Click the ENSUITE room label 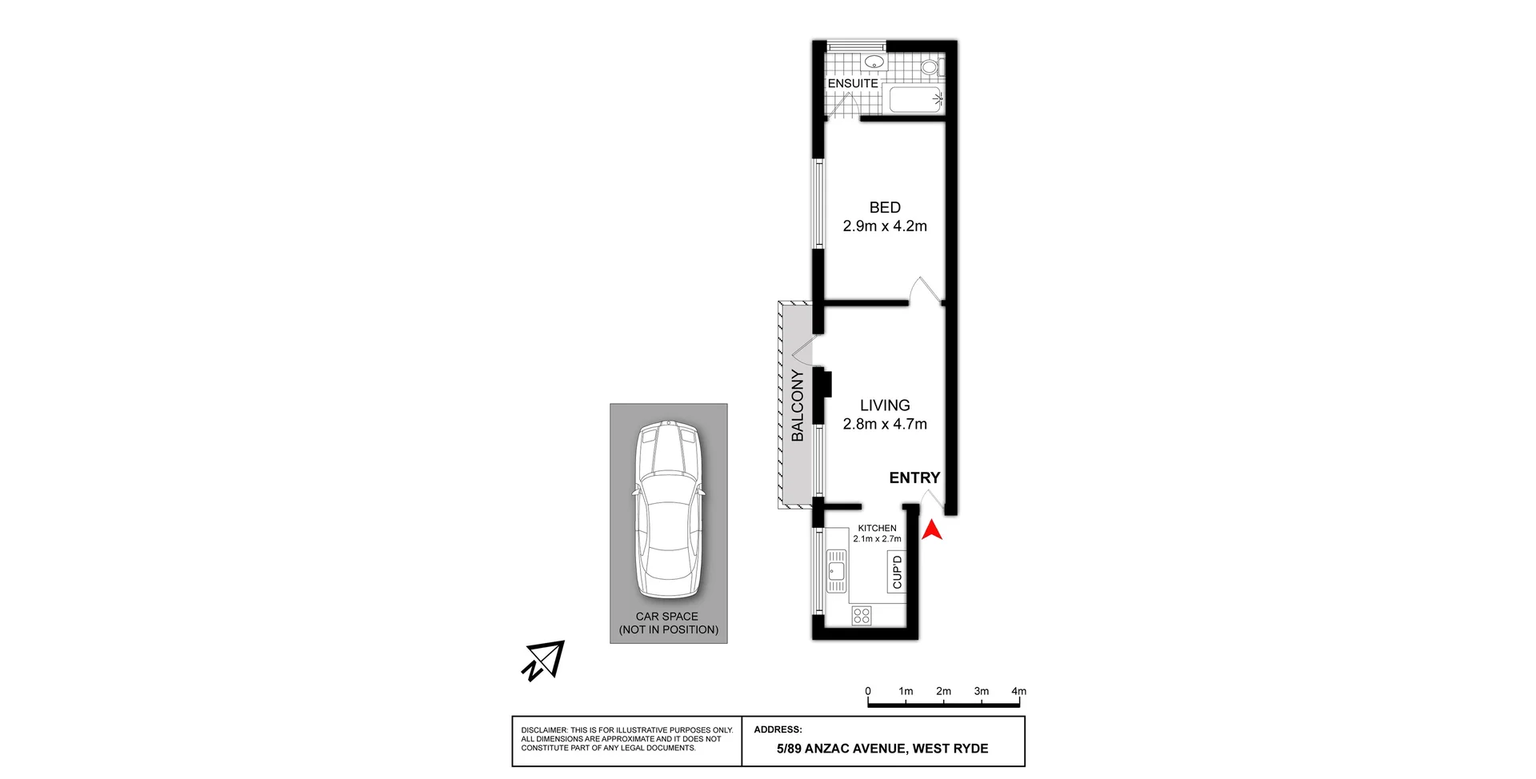853,83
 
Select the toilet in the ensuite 930,66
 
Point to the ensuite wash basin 874,62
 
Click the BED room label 885,207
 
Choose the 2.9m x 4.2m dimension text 885,226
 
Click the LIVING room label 885,405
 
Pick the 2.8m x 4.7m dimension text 885,425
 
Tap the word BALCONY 798,405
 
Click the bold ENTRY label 914,477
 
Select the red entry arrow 932,530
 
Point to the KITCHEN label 877,528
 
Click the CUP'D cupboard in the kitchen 897,571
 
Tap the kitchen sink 836,570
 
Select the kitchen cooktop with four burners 862,615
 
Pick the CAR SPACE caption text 668,623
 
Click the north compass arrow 544,661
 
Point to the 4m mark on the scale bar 1018,692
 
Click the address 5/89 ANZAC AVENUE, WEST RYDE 882,749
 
